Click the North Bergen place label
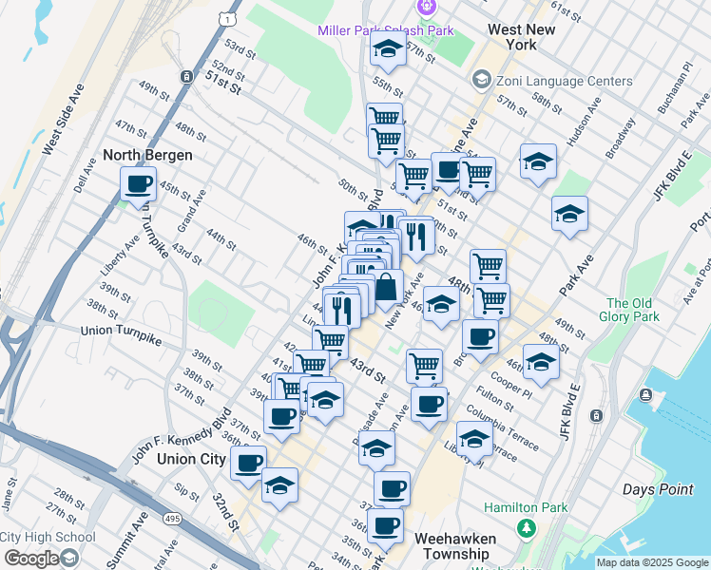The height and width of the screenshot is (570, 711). click(x=147, y=155)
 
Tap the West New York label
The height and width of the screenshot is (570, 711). click(x=521, y=37)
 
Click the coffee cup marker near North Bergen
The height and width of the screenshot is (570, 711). click(x=139, y=182)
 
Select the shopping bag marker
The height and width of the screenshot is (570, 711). click(x=387, y=286)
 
